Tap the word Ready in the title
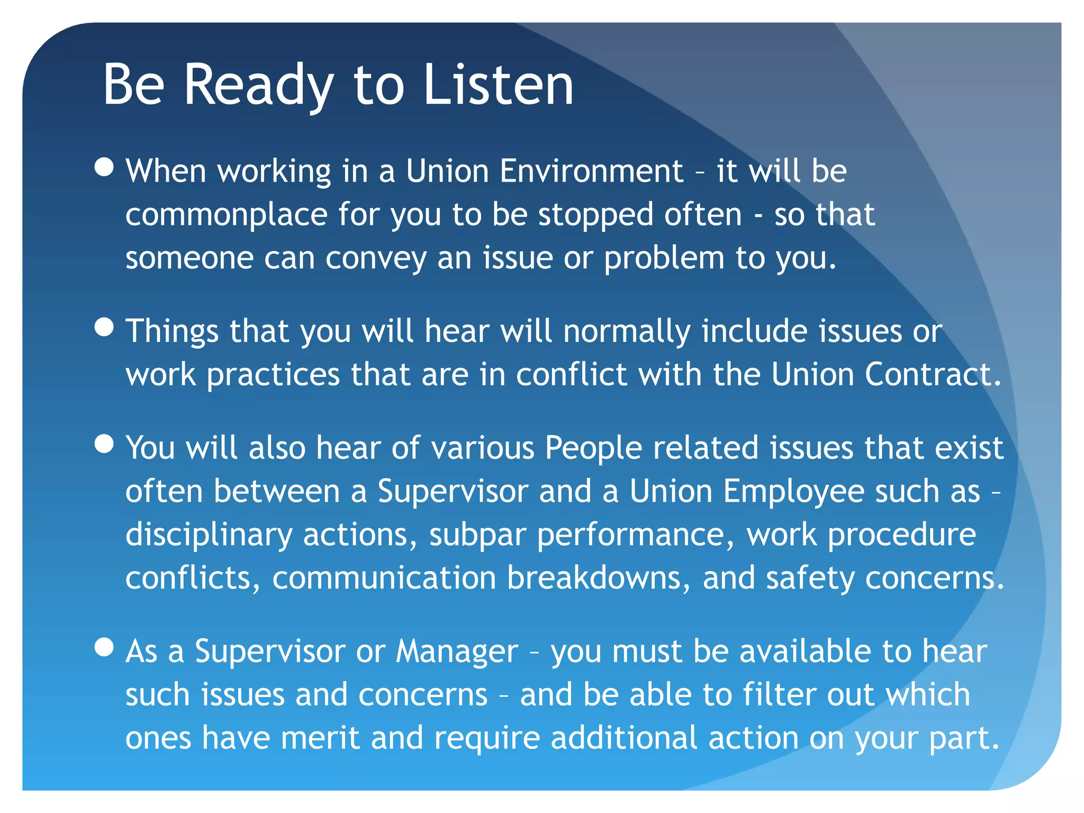click(x=259, y=85)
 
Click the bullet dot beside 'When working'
click(x=104, y=167)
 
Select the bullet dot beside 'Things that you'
click(x=104, y=327)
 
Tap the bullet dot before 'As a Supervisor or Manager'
click(x=104, y=647)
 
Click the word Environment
click(x=591, y=171)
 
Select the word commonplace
click(x=227, y=215)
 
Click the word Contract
click(x=933, y=375)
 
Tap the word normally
click(x=627, y=331)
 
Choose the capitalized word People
click(x=593, y=448)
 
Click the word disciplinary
click(x=209, y=535)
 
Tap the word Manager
click(x=457, y=652)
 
